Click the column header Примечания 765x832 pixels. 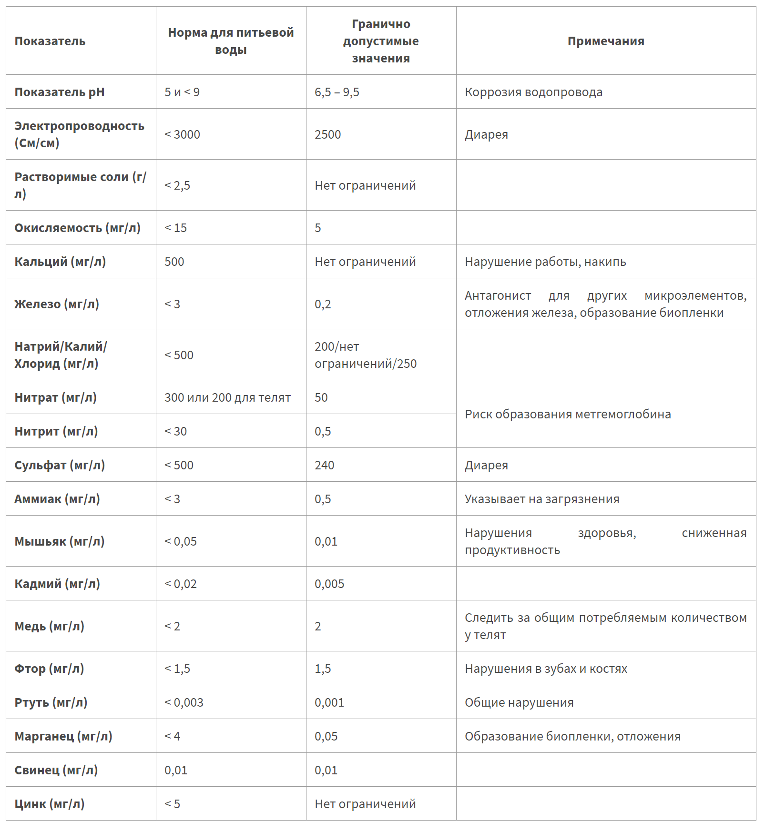tap(605, 41)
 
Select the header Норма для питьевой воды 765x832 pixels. tap(231, 41)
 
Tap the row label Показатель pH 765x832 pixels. tap(60, 92)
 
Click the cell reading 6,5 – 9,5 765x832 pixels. tap(337, 92)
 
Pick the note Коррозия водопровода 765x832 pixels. tap(533, 92)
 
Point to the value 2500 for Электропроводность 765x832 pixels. tap(328, 134)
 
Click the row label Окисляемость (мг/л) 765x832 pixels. tap(77, 228)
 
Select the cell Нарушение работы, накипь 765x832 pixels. tap(545, 262)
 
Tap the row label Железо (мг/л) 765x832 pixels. tap(57, 304)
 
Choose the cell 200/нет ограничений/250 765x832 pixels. tap(365, 355)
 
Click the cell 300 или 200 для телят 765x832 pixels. tap(227, 397)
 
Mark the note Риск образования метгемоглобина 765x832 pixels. tap(568, 414)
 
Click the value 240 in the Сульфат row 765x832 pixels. tap(325, 465)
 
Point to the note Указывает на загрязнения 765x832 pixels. tap(542, 499)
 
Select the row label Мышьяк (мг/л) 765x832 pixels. tap(60, 541)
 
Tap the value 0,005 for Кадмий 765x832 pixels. tap(329, 584)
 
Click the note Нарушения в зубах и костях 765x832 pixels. tap(546, 669)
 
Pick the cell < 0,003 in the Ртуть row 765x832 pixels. tap(184, 702)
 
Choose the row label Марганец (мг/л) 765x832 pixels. tap(63, 736)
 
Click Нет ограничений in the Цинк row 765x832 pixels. tap(365, 804)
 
